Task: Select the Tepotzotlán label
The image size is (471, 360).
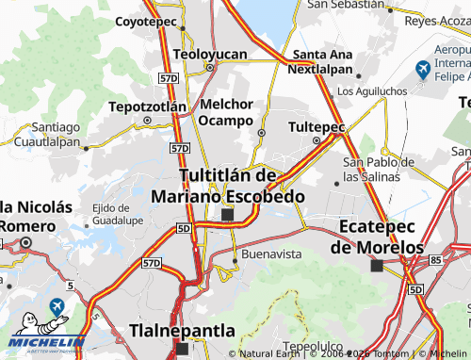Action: tap(147, 106)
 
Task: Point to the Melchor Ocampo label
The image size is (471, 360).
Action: tap(226, 113)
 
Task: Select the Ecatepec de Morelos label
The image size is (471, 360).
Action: tap(377, 237)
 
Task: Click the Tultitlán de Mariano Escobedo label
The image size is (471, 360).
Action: tap(227, 186)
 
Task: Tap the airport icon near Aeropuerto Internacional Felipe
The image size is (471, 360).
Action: tap(423, 69)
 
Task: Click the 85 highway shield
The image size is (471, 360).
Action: tap(435, 258)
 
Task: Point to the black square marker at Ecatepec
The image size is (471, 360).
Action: tap(377, 267)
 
